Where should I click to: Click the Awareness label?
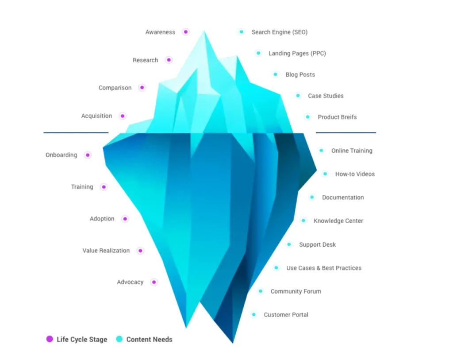coord(160,32)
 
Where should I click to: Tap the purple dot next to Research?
coord(169,60)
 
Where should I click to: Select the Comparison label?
coord(115,88)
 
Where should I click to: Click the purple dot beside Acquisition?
coord(123,116)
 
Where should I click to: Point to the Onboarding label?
coord(61,155)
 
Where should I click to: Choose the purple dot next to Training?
coord(104,187)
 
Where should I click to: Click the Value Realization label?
coord(106,251)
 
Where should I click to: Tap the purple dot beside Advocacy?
coord(154,282)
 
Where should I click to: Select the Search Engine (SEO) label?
coord(279,32)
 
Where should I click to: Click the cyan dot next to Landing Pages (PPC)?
coord(258,53)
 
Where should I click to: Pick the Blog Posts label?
coord(300,74)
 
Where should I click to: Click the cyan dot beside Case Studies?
coord(298,96)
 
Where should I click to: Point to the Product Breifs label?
coord(337,117)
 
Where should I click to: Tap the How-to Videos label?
coord(355,174)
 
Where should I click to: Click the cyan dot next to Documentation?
coord(312,197)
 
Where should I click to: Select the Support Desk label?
coord(317,244)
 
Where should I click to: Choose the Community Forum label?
coord(296,291)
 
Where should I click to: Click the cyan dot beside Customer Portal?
coord(253,315)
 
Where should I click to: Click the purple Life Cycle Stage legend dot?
coord(50,339)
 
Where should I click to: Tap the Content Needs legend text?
coord(149,340)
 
